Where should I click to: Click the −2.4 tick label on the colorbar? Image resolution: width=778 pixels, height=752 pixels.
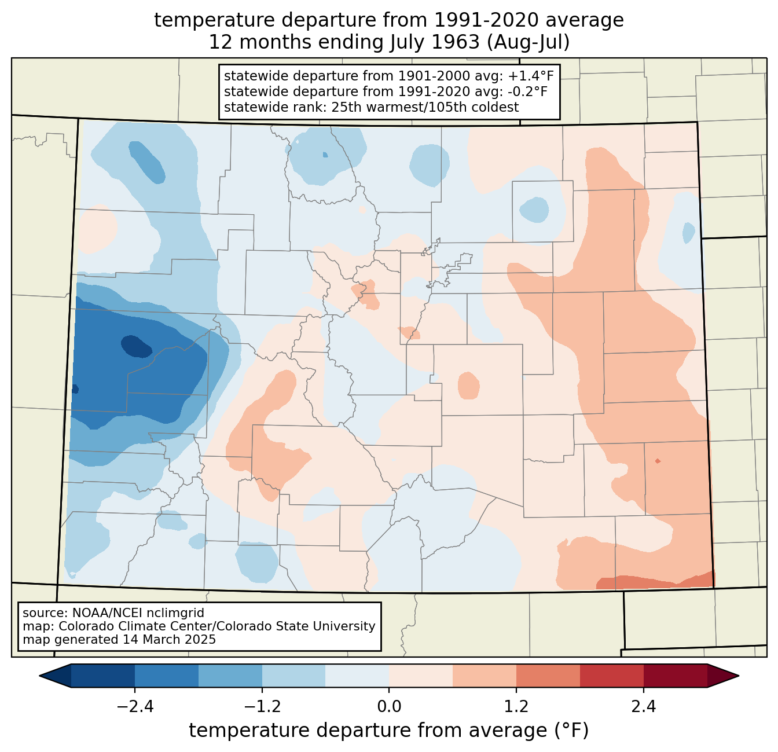pyautogui.click(x=135, y=707)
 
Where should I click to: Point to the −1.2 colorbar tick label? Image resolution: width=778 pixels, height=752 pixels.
pyautogui.click(x=262, y=707)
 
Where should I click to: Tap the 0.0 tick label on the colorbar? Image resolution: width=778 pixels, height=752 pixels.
pyautogui.click(x=389, y=707)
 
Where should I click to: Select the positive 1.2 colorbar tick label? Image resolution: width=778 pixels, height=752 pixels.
pyautogui.click(x=516, y=707)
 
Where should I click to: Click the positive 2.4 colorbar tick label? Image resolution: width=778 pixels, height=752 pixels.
pyautogui.click(x=644, y=707)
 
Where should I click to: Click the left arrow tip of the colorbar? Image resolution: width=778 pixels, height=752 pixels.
pyautogui.click(x=39, y=676)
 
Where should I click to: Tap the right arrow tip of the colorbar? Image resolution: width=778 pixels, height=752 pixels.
pyautogui.click(x=739, y=676)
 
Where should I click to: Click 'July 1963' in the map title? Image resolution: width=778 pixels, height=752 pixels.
pyautogui.click(x=434, y=42)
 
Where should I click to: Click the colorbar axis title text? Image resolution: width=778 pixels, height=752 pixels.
pyautogui.click(x=389, y=730)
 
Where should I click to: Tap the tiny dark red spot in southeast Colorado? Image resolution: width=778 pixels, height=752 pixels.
pyautogui.click(x=658, y=461)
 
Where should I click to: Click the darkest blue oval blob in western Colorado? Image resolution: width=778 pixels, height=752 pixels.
pyautogui.click(x=137, y=346)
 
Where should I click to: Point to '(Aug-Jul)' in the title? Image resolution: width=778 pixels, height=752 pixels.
pyautogui.click(x=528, y=42)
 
